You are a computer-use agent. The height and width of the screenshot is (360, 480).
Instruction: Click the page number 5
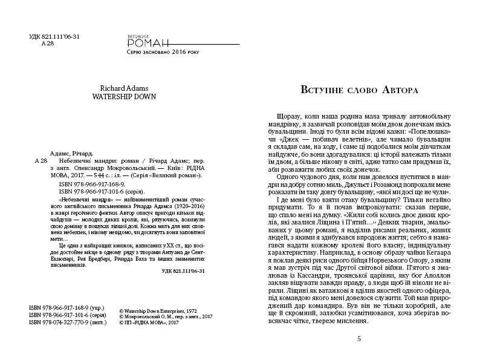click(x=358, y=339)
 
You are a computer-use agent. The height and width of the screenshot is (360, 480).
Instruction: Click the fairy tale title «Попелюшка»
click(x=430, y=131)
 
